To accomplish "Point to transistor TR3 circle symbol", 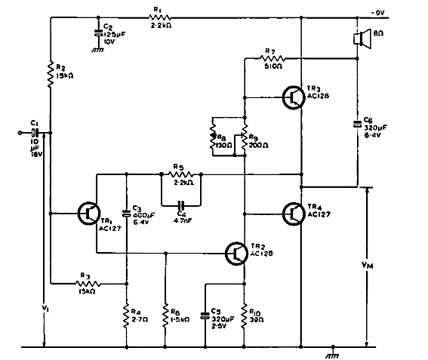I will tap(295, 97).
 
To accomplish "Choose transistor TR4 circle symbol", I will tap(295, 214).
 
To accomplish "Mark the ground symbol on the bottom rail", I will tap(331, 352).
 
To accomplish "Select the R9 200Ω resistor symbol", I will tap(245, 137).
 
